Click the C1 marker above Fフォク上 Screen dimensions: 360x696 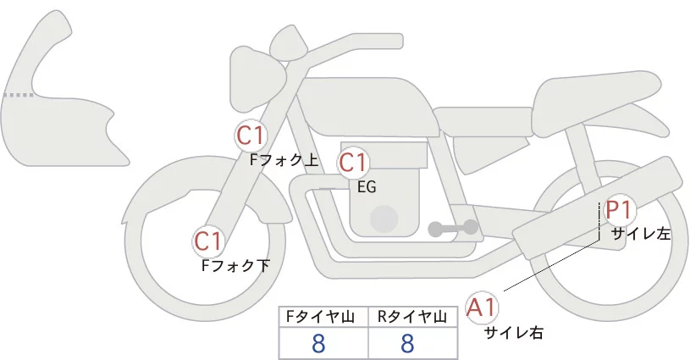pos(251,135)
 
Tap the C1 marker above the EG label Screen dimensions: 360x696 pos(353,163)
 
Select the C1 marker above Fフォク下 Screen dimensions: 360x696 pos(207,241)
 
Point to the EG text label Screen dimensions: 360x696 pos(367,187)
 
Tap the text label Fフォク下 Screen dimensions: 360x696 pos(235,265)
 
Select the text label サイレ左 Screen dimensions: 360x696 pos(640,234)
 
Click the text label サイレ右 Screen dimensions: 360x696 pos(513,333)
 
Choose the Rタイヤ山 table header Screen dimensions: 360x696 pos(414,317)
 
